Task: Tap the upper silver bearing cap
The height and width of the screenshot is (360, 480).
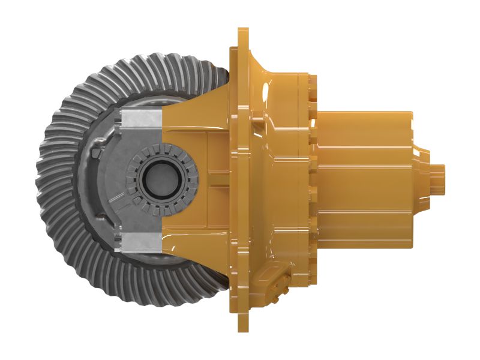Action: click(x=142, y=121)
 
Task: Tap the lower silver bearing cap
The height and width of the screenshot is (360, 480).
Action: click(x=142, y=242)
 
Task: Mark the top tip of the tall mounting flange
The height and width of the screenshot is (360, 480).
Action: click(x=243, y=31)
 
